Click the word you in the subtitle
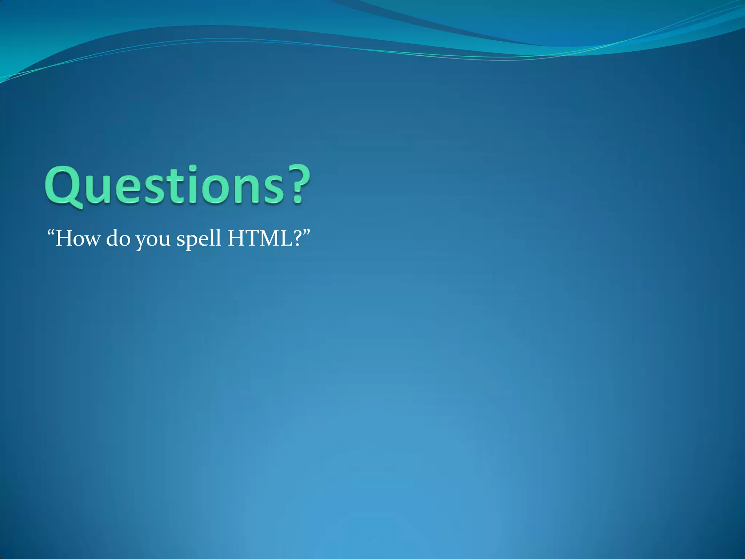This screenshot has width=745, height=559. click(153, 240)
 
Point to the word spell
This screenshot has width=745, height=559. click(199, 239)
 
